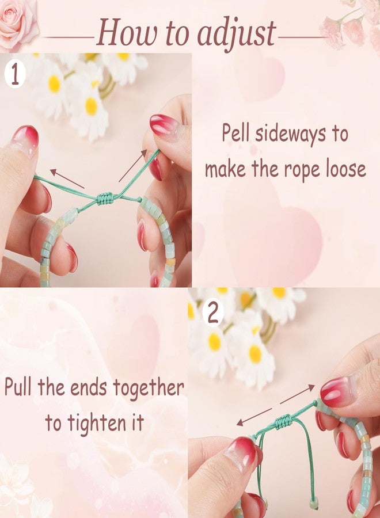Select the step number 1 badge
pos(15,75)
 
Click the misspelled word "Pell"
pos(235,133)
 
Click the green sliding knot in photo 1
pos(106,198)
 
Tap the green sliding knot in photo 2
pos(283,421)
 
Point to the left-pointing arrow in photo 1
pos(67,179)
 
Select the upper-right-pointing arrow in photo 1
pos(133,165)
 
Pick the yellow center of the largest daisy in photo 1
pos(91,106)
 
